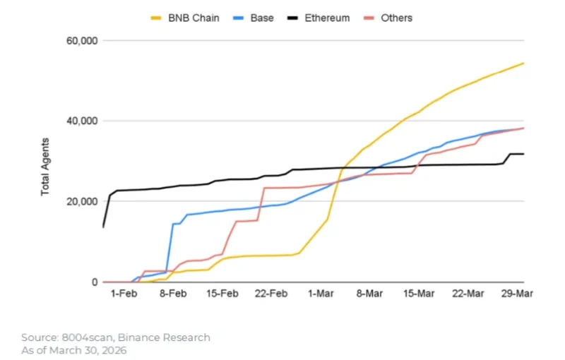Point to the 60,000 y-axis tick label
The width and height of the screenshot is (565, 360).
coord(79,41)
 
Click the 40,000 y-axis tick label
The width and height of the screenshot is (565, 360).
coord(79,121)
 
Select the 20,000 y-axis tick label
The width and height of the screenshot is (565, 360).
coord(79,202)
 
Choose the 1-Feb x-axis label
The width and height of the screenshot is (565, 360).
coord(123,294)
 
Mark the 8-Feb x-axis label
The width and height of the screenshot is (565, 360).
coord(172,294)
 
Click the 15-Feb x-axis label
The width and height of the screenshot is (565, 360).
coord(220,294)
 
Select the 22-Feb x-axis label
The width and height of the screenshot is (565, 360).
coord(269,294)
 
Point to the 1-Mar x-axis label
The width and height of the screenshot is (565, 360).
coord(319,294)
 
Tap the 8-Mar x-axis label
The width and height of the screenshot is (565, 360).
coord(368,294)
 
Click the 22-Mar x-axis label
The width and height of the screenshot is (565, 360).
coord(466,294)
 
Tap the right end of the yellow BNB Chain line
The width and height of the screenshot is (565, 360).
coord(523,63)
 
